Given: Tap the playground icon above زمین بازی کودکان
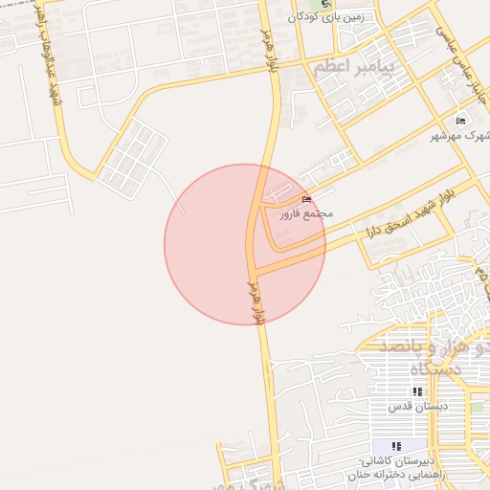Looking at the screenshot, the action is point(326,4).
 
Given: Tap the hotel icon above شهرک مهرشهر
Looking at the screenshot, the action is point(460,122).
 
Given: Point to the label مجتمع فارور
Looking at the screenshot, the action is point(306,213).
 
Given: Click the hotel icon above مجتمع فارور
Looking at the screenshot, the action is point(306,198).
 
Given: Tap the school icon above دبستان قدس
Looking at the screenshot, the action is point(417,392).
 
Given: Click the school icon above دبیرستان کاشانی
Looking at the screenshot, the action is point(396,447).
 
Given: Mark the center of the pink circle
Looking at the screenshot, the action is point(245,244).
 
